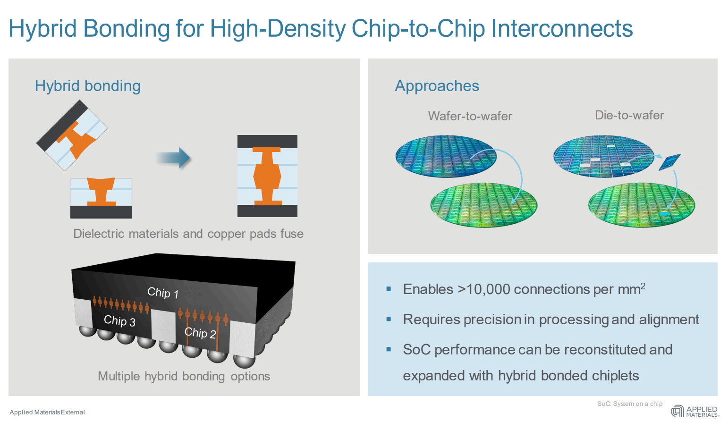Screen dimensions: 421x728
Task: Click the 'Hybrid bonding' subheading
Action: coord(88,86)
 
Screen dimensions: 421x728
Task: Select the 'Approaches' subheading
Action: coord(437,86)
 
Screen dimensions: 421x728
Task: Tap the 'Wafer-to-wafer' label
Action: coord(470,116)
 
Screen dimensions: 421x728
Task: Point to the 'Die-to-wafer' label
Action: coord(629,115)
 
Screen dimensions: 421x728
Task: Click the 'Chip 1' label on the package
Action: coord(163,293)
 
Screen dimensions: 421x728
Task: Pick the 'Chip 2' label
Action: coord(200,333)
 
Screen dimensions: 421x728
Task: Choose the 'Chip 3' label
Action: coord(119,321)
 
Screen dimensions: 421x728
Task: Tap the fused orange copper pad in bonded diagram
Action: coord(267,176)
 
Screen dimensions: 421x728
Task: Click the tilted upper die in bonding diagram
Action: coord(72,135)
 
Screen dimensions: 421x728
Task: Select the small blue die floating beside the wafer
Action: coord(669,162)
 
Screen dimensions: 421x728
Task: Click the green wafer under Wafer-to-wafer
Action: coord(483,204)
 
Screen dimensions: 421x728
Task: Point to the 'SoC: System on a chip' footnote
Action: coord(629,404)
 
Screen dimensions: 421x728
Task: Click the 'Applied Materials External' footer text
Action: coord(47,412)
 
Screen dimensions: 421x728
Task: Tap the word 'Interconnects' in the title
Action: coord(562,28)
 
